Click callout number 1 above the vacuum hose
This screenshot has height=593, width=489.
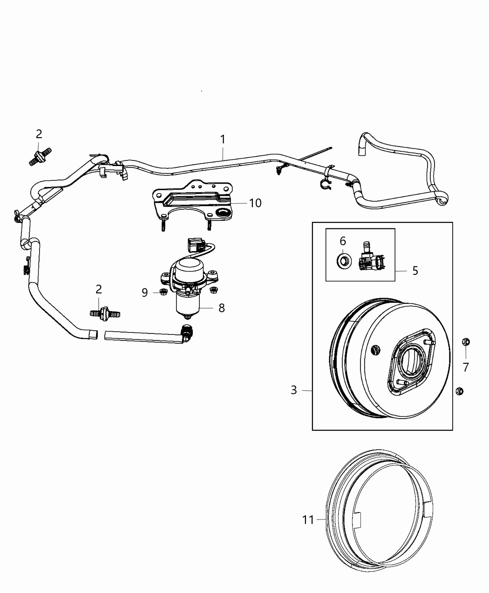click(x=223, y=139)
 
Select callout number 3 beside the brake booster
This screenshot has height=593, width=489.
click(x=293, y=390)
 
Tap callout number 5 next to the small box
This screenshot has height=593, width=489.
click(x=415, y=271)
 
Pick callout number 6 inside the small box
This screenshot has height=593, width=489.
click(x=343, y=241)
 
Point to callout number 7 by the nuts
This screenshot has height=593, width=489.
click(x=466, y=367)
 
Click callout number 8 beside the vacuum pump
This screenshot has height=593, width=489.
click(x=221, y=307)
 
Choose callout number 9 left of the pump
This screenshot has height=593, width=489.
click(x=144, y=293)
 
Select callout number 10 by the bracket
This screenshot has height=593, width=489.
click(x=255, y=203)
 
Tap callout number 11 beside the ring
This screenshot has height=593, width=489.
click(x=308, y=520)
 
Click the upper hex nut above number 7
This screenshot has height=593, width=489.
click(x=467, y=342)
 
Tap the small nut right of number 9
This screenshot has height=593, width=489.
click(x=214, y=291)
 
